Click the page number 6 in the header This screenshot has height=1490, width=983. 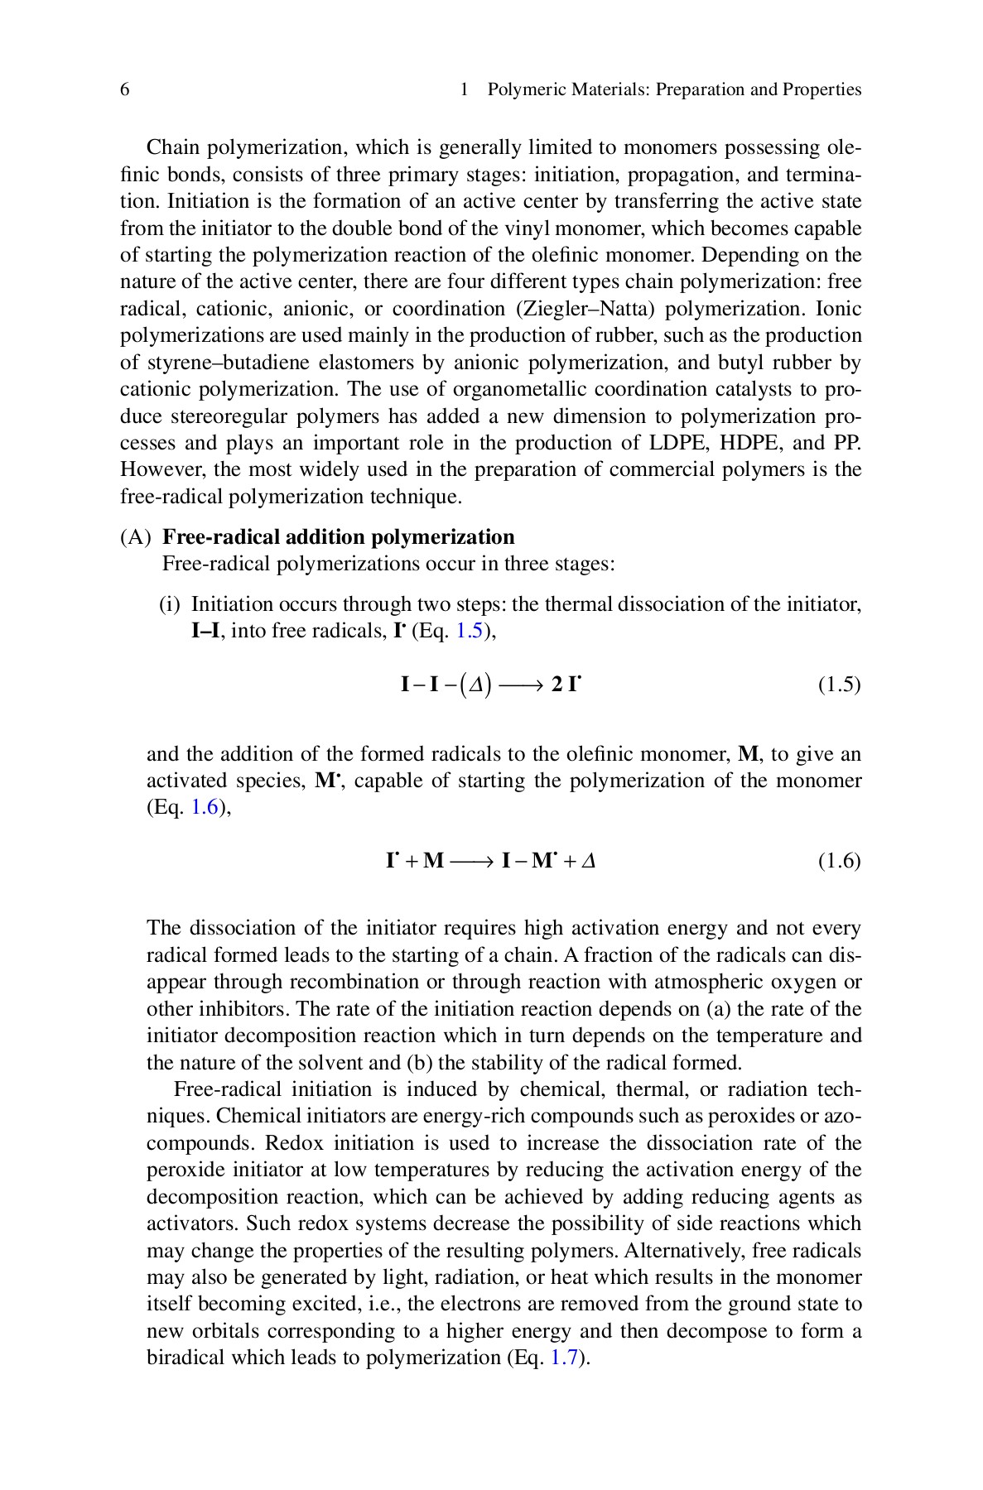coord(124,90)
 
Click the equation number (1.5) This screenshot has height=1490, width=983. coord(839,685)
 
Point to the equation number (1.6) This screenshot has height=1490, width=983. coord(839,861)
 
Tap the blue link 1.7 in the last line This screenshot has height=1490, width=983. coord(563,1358)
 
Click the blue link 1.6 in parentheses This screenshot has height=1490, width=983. coord(205,808)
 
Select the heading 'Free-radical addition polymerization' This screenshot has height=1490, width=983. coord(338,537)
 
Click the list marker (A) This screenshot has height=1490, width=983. coord(135,537)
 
